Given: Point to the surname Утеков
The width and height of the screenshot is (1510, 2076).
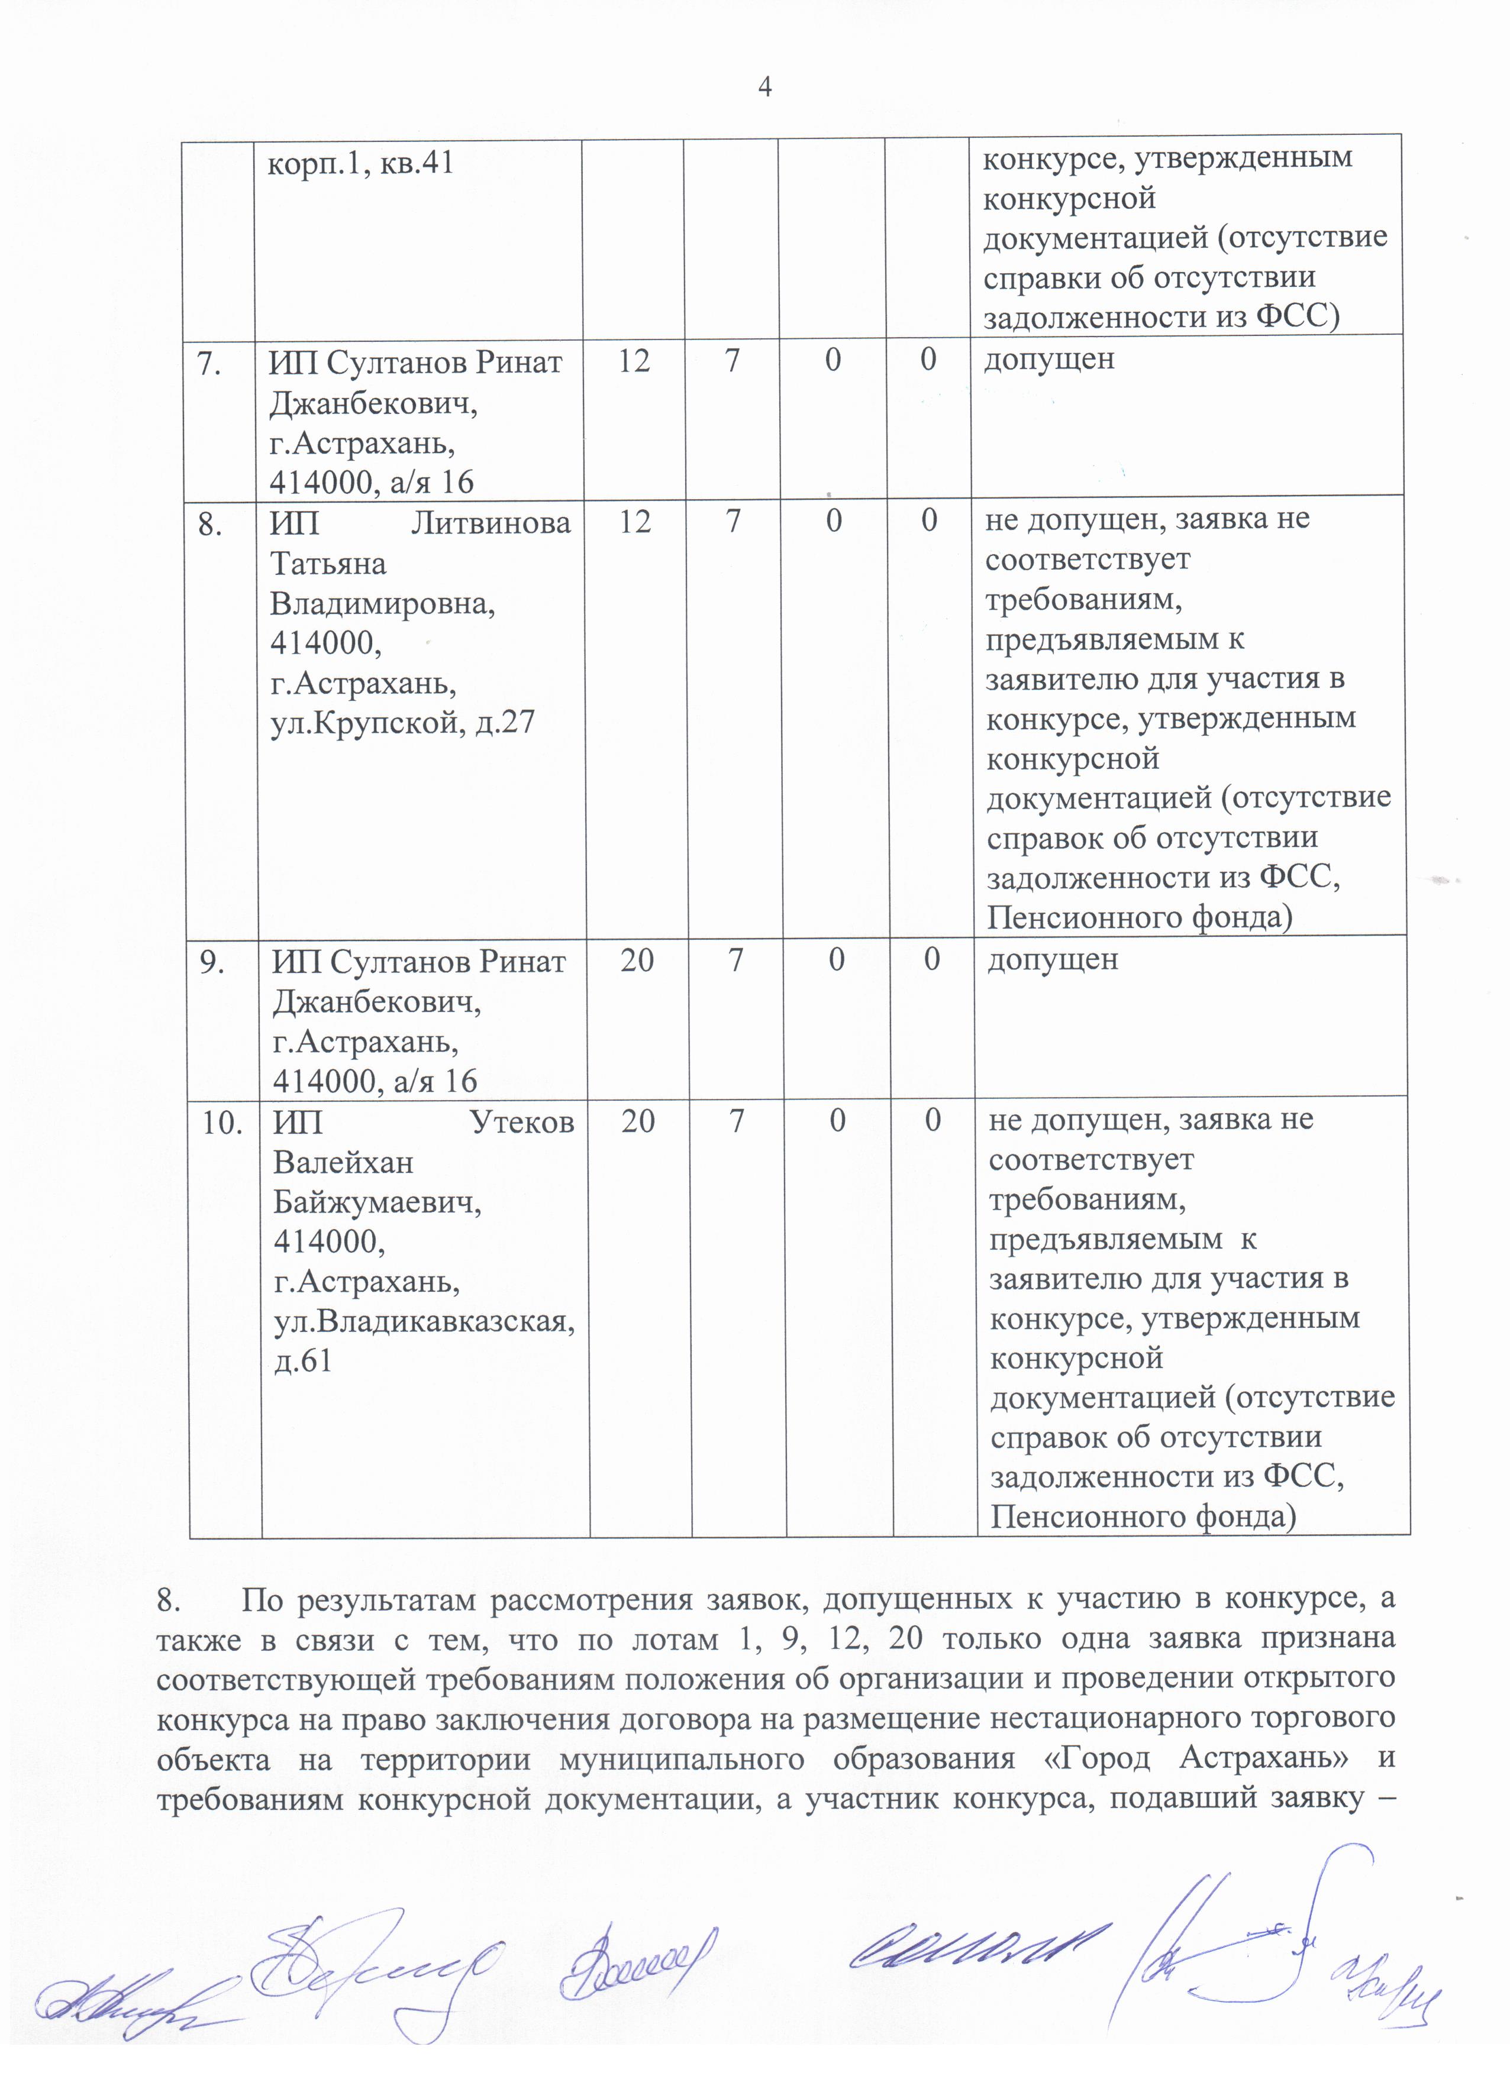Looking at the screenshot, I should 522,1122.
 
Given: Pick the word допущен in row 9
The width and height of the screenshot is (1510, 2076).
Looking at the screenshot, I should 1052,959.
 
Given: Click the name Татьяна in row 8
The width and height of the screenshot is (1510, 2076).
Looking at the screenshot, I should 328,563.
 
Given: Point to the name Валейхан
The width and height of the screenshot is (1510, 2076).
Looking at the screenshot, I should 343,1162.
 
